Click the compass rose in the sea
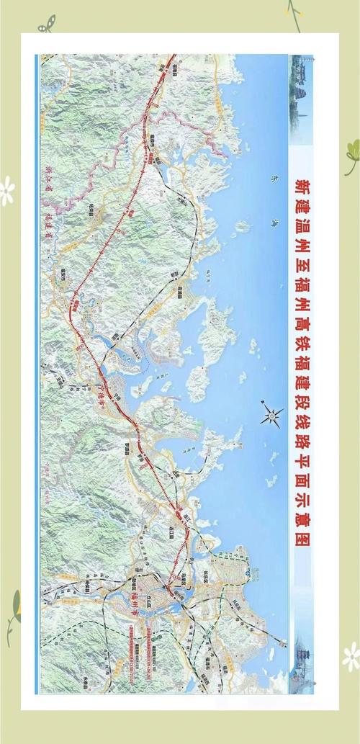click(x=273, y=414)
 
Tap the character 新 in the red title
click(x=300, y=184)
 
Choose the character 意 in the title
click(x=300, y=523)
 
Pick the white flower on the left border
click(x=7, y=191)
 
